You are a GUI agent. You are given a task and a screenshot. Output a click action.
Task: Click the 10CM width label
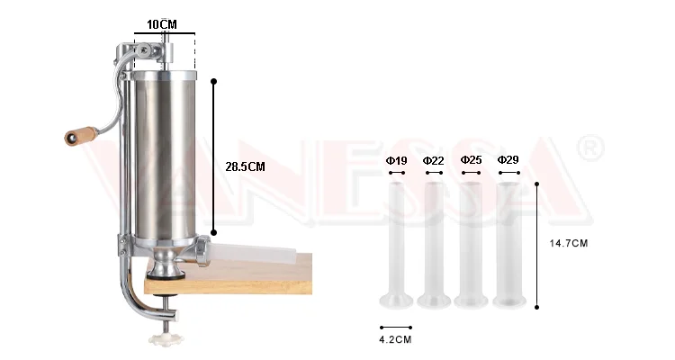[x=162, y=24]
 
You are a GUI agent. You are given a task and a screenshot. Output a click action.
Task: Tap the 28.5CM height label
[x=245, y=166]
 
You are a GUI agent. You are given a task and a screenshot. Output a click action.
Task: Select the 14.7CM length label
[x=568, y=243]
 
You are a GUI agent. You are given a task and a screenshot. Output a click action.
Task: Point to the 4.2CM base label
[x=395, y=339]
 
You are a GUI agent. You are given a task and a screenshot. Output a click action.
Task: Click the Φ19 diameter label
[x=397, y=161]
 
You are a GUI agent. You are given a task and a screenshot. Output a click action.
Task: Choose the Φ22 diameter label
[x=433, y=161]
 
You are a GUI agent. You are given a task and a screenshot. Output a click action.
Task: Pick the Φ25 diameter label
[x=471, y=160]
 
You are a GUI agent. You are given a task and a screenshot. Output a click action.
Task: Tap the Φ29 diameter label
[x=508, y=160]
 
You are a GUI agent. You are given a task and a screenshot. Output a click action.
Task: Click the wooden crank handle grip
[x=81, y=136]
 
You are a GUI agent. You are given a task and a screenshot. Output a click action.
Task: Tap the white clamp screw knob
[x=166, y=338]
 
